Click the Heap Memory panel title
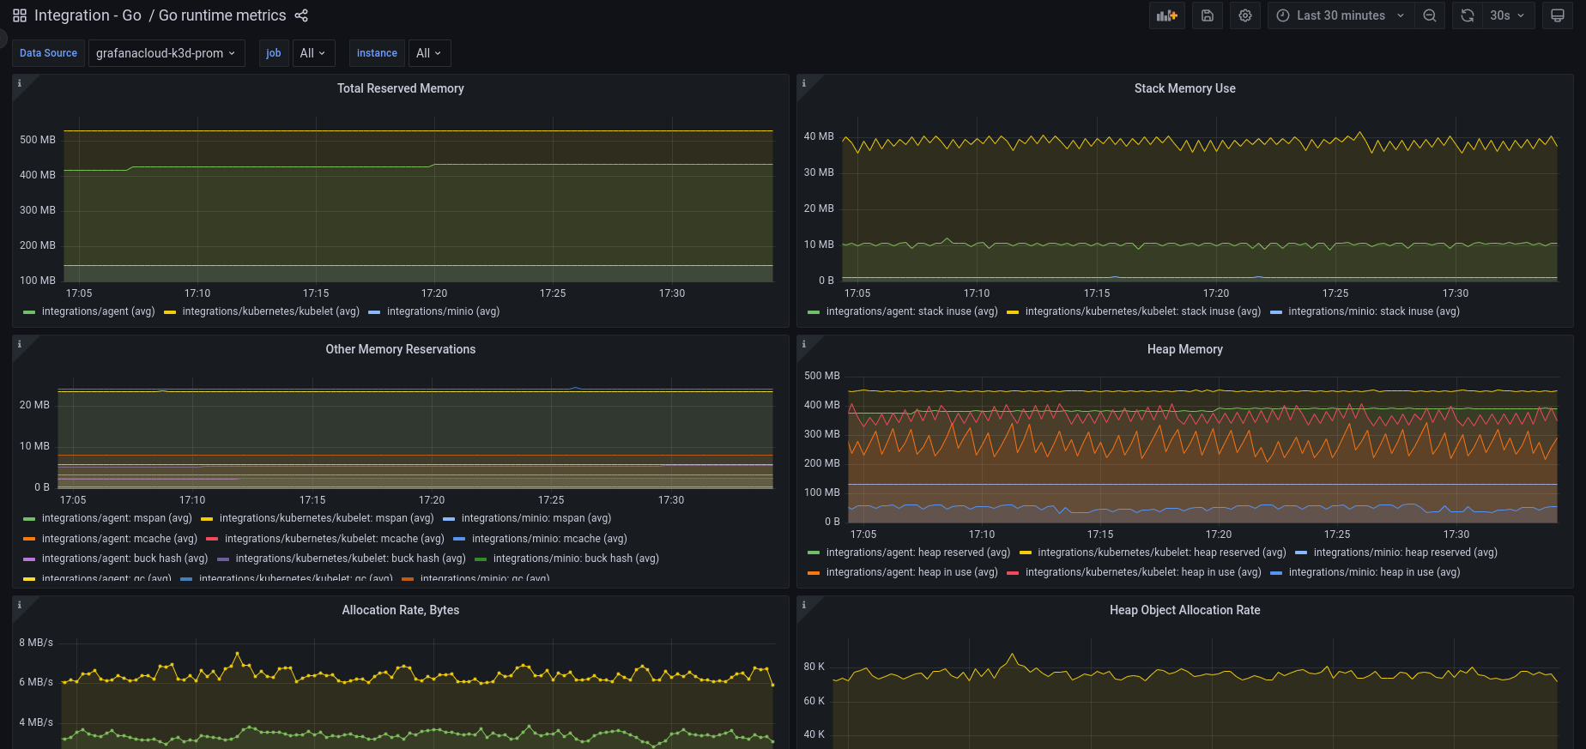1184,349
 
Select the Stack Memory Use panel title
1184,88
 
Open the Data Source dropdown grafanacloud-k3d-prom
166,53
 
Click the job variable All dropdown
312,53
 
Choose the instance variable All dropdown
428,53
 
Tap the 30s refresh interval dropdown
1507,15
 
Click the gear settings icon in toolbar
1245,15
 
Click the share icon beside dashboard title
301,15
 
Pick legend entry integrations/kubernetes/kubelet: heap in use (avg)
1142,572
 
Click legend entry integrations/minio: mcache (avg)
548,539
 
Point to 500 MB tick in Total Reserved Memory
38,140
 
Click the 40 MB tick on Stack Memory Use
819,136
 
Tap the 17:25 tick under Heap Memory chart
1337,535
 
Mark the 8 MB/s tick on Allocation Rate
36,643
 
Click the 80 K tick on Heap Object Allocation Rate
814,667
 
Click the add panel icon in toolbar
1167,15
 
